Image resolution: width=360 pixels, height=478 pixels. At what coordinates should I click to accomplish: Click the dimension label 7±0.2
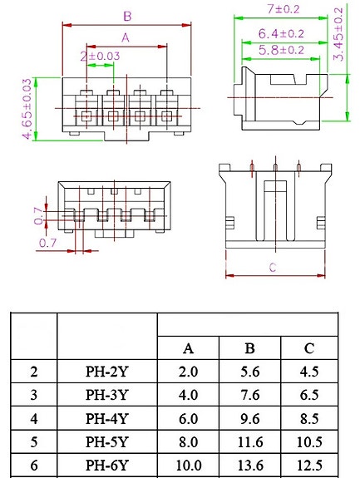284,9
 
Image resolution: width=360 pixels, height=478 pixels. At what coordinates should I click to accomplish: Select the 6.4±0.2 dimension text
281,33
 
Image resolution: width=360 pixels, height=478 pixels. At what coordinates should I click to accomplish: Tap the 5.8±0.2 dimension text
281,51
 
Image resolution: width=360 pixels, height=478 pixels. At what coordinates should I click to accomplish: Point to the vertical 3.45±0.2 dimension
338,34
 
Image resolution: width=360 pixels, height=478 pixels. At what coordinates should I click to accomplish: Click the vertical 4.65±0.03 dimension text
27,109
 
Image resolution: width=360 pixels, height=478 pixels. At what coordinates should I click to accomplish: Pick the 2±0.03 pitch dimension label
100,56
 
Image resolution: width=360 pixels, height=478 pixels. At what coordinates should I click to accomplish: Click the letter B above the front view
127,16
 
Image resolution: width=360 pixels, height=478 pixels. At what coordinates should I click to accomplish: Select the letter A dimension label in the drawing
126,38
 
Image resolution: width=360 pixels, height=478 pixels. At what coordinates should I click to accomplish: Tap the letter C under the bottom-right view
273,268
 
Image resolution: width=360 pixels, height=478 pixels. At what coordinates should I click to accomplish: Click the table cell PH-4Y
106,418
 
